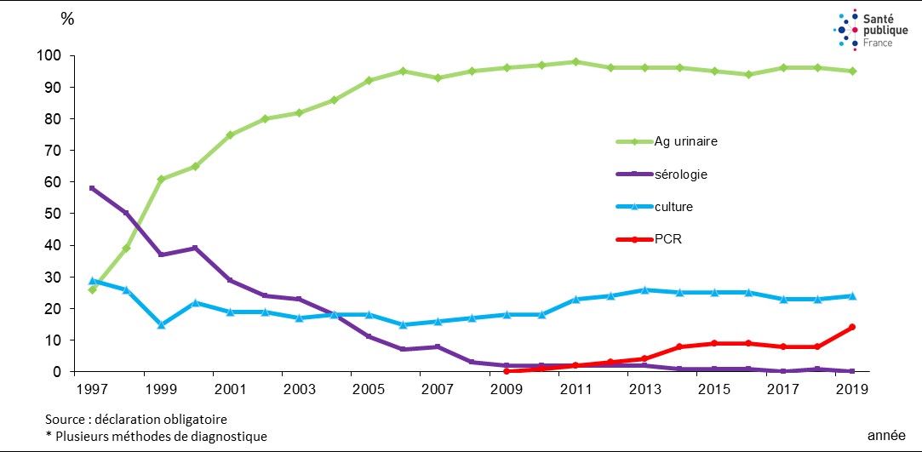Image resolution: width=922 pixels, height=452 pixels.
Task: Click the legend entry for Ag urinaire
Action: click(x=686, y=141)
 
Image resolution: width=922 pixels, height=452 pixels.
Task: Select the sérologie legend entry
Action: click(x=681, y=174)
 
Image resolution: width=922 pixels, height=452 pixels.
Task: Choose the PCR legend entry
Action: click(x=668, y=239)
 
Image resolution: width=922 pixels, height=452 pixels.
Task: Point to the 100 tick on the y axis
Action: click(x=49, y=56)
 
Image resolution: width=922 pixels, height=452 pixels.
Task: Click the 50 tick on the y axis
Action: click(x=53, y=215)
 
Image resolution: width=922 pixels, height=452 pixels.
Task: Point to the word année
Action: click(x=886, y=436)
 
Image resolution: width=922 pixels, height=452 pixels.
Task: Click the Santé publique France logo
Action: click(x=864, y=29)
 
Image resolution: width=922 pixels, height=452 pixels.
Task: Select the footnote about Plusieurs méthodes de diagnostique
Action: click(x=156, y=436)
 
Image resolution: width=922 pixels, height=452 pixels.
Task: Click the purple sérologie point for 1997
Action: click(x=92, y=188)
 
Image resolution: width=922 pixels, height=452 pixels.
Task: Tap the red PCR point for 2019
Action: click(x=851, y=327)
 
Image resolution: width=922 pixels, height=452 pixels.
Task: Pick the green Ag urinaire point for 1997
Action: click(x=92, y=289)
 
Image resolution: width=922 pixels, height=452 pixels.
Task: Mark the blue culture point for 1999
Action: click(x=161, y=324)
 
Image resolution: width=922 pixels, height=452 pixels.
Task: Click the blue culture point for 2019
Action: click(x=851, y=296)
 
